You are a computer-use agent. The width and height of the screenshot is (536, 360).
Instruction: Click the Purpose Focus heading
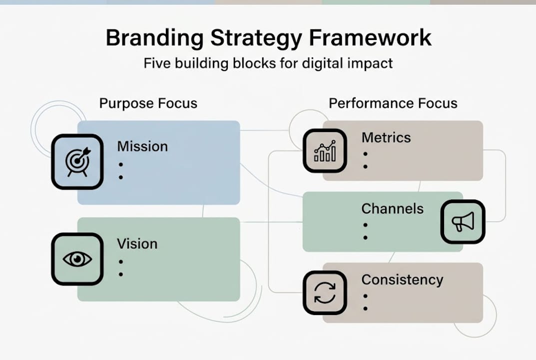(x=148, y=103)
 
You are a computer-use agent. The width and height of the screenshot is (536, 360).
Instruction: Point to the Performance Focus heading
(x=393, y=103)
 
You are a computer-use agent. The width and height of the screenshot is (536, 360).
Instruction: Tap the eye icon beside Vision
(x=77, y=259)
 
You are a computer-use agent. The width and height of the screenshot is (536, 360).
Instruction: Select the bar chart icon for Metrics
(x=325, y=150)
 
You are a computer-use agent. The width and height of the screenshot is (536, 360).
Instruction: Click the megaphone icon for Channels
(x=463, y=222)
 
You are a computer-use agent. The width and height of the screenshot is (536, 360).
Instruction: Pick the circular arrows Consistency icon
(x=325, y=293)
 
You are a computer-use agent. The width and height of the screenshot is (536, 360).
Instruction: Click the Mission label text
(x=142, y=146)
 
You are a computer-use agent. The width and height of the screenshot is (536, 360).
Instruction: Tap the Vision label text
(x=137, y=244)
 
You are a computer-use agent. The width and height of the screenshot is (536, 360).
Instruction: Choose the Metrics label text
(x=386, y=137)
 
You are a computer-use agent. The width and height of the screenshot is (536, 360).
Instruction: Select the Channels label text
(x=392, y=208)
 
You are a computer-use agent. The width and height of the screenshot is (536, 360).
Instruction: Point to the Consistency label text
(x=402, y=279)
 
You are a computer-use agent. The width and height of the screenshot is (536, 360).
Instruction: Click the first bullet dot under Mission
(x=121, y=164)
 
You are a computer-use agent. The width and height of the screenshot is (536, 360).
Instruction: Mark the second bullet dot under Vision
(x=121, y=274)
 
